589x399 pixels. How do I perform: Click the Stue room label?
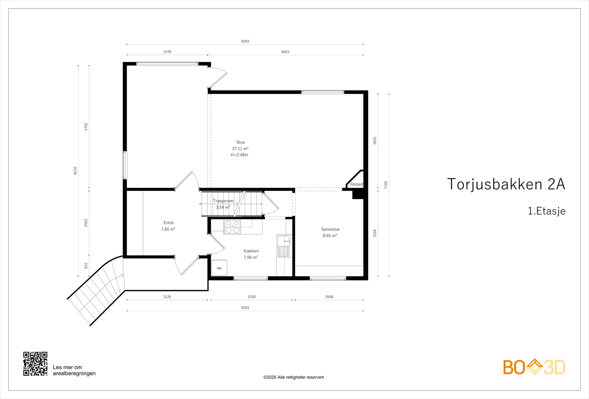click(241, 142)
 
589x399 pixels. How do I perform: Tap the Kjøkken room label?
click(251, 251)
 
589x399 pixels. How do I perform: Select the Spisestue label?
click(330, 229)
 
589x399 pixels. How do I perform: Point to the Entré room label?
click(168, 223)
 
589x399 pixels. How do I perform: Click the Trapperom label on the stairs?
click(223, 201)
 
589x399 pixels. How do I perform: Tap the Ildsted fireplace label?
click(356, 184)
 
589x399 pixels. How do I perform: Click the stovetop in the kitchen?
click(232, 227)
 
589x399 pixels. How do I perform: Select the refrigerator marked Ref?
click(219, 268)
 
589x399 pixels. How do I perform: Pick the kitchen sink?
click(284, 246)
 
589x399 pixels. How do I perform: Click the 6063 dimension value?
click(285, 52)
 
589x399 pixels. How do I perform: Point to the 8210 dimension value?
click(75, 171)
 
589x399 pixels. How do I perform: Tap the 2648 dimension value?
click(329, 297)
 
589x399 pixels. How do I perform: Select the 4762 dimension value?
click(86, 127)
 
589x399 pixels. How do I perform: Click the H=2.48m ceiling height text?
click(239, 155)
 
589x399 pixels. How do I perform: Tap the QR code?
click(35, 364)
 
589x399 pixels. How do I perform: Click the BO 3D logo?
click(534, 367)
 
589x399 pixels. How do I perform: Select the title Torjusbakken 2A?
click(506, 184)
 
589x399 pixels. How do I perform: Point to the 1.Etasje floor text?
click(547, 211)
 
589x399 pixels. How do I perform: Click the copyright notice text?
click(293, 377)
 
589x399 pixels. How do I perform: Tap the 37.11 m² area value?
click(240, 149)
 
